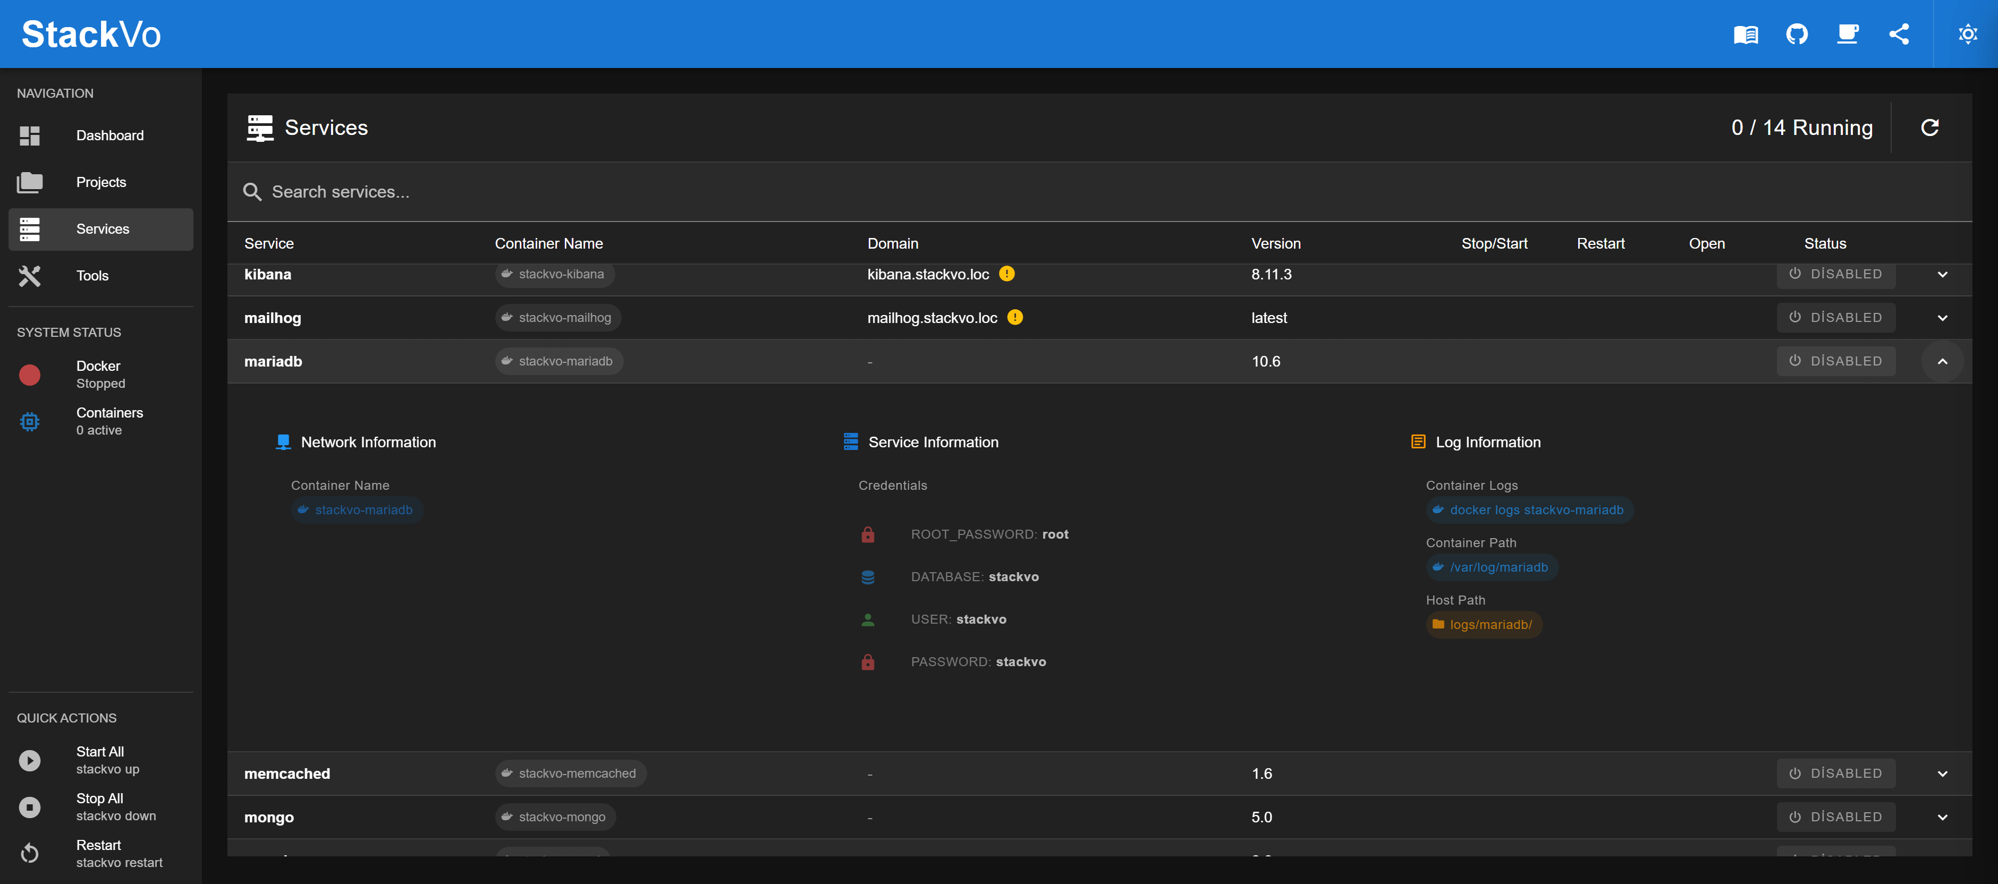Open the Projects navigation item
pos(101,182)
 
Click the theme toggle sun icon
pos(1967,34)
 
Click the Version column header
pos(1275,243)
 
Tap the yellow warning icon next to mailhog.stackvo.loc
pos(1014,317)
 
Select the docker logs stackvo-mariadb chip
pos(1529,510)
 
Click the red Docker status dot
pos(29,375)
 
